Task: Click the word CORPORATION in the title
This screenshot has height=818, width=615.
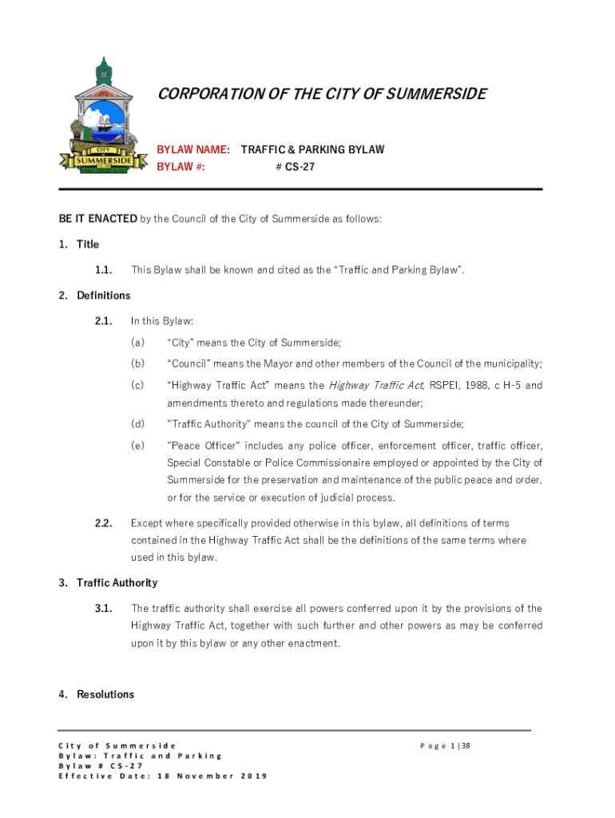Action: pos(208,94)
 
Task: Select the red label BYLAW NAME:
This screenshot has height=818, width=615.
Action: pos(194,149)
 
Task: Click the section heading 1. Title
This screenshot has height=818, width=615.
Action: pos(78,244)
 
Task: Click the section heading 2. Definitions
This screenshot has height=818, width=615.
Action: pos(93,296)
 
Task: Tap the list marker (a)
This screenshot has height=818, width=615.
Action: pos(138,343)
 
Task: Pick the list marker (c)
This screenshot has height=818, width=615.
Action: pos(138,385)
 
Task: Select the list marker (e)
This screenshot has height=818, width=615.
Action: pos(138,445)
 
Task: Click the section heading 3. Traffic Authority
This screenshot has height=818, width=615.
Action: pos(107,582)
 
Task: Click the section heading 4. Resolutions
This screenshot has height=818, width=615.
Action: pos(96,694)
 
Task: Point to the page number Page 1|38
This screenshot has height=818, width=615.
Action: pos(446,746)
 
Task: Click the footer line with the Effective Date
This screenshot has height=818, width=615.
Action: pos(164,776)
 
